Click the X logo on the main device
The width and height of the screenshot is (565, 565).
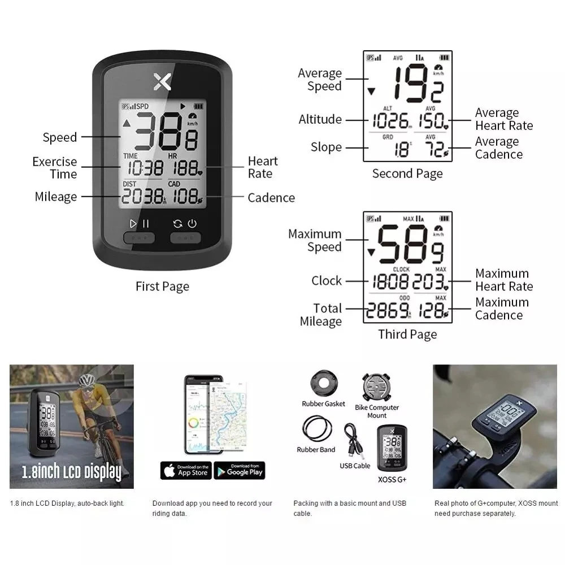162,82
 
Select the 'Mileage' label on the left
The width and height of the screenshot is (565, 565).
55,197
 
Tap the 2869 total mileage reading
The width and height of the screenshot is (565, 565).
388,310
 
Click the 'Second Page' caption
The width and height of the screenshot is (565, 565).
407,173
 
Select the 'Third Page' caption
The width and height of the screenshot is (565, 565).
407,334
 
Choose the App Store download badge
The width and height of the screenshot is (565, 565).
186,470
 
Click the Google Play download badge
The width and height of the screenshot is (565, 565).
239,470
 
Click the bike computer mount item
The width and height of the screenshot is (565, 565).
377,388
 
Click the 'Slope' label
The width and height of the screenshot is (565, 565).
326,147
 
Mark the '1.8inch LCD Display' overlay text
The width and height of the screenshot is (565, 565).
71,472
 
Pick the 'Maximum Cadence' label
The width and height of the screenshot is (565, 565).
502,308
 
